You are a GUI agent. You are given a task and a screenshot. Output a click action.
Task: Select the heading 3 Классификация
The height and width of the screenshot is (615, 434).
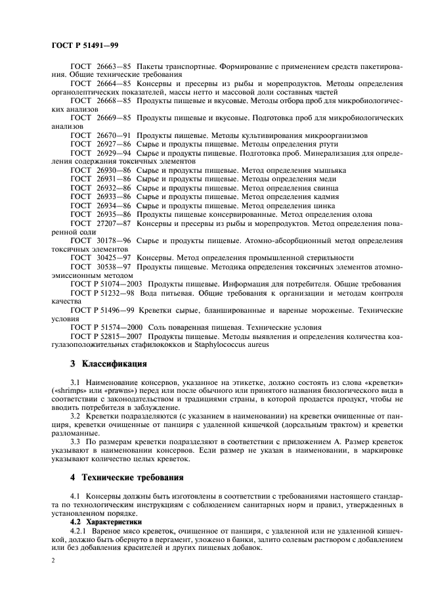click(x=108, y=363)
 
